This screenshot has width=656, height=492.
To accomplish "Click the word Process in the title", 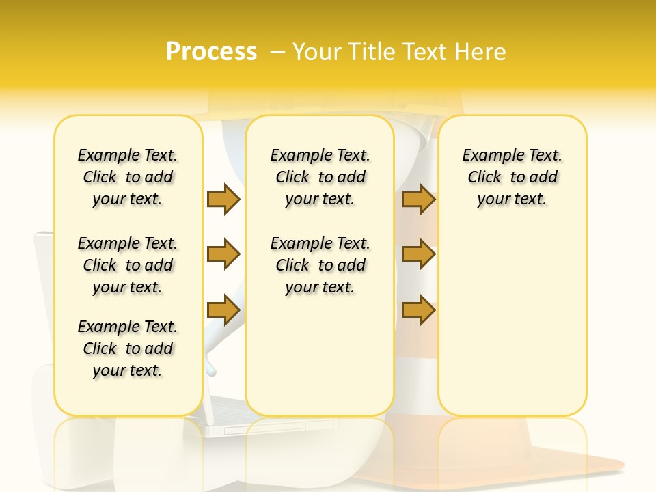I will point(211,51).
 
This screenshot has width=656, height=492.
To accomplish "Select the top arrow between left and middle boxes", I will point(223,199).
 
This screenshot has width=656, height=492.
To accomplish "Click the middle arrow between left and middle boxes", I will point(223,254).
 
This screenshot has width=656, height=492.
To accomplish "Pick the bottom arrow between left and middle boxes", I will point(223,310).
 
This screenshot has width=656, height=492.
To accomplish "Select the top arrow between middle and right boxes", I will point(418,199).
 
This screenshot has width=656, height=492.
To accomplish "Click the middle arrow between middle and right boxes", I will point(418,254).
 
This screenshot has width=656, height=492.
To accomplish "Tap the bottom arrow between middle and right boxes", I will point(418,310).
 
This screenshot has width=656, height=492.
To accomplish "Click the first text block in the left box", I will point(128,177).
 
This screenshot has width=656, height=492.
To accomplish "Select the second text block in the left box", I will point(128,265).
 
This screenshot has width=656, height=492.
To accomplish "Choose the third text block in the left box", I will point(128,348).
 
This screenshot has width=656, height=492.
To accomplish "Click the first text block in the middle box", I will point(320,177).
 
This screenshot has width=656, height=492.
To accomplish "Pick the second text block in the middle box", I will point(320,265).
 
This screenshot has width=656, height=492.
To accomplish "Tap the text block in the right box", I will point(512,177).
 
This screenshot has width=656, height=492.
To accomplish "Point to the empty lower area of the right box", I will point(512,321).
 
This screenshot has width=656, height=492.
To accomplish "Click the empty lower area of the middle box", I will point(320,355).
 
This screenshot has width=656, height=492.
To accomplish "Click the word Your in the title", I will point(316,51).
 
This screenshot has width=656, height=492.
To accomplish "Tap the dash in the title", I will point(277,51).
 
